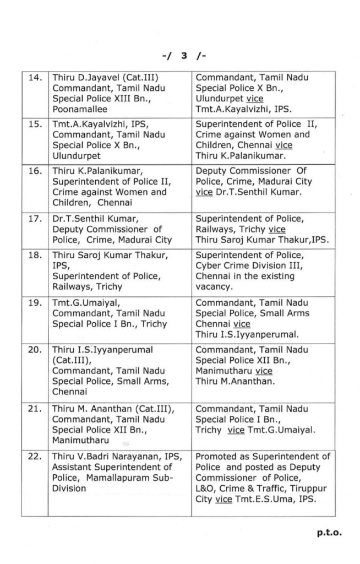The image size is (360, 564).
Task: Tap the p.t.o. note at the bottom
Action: (x=329, y=533)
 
